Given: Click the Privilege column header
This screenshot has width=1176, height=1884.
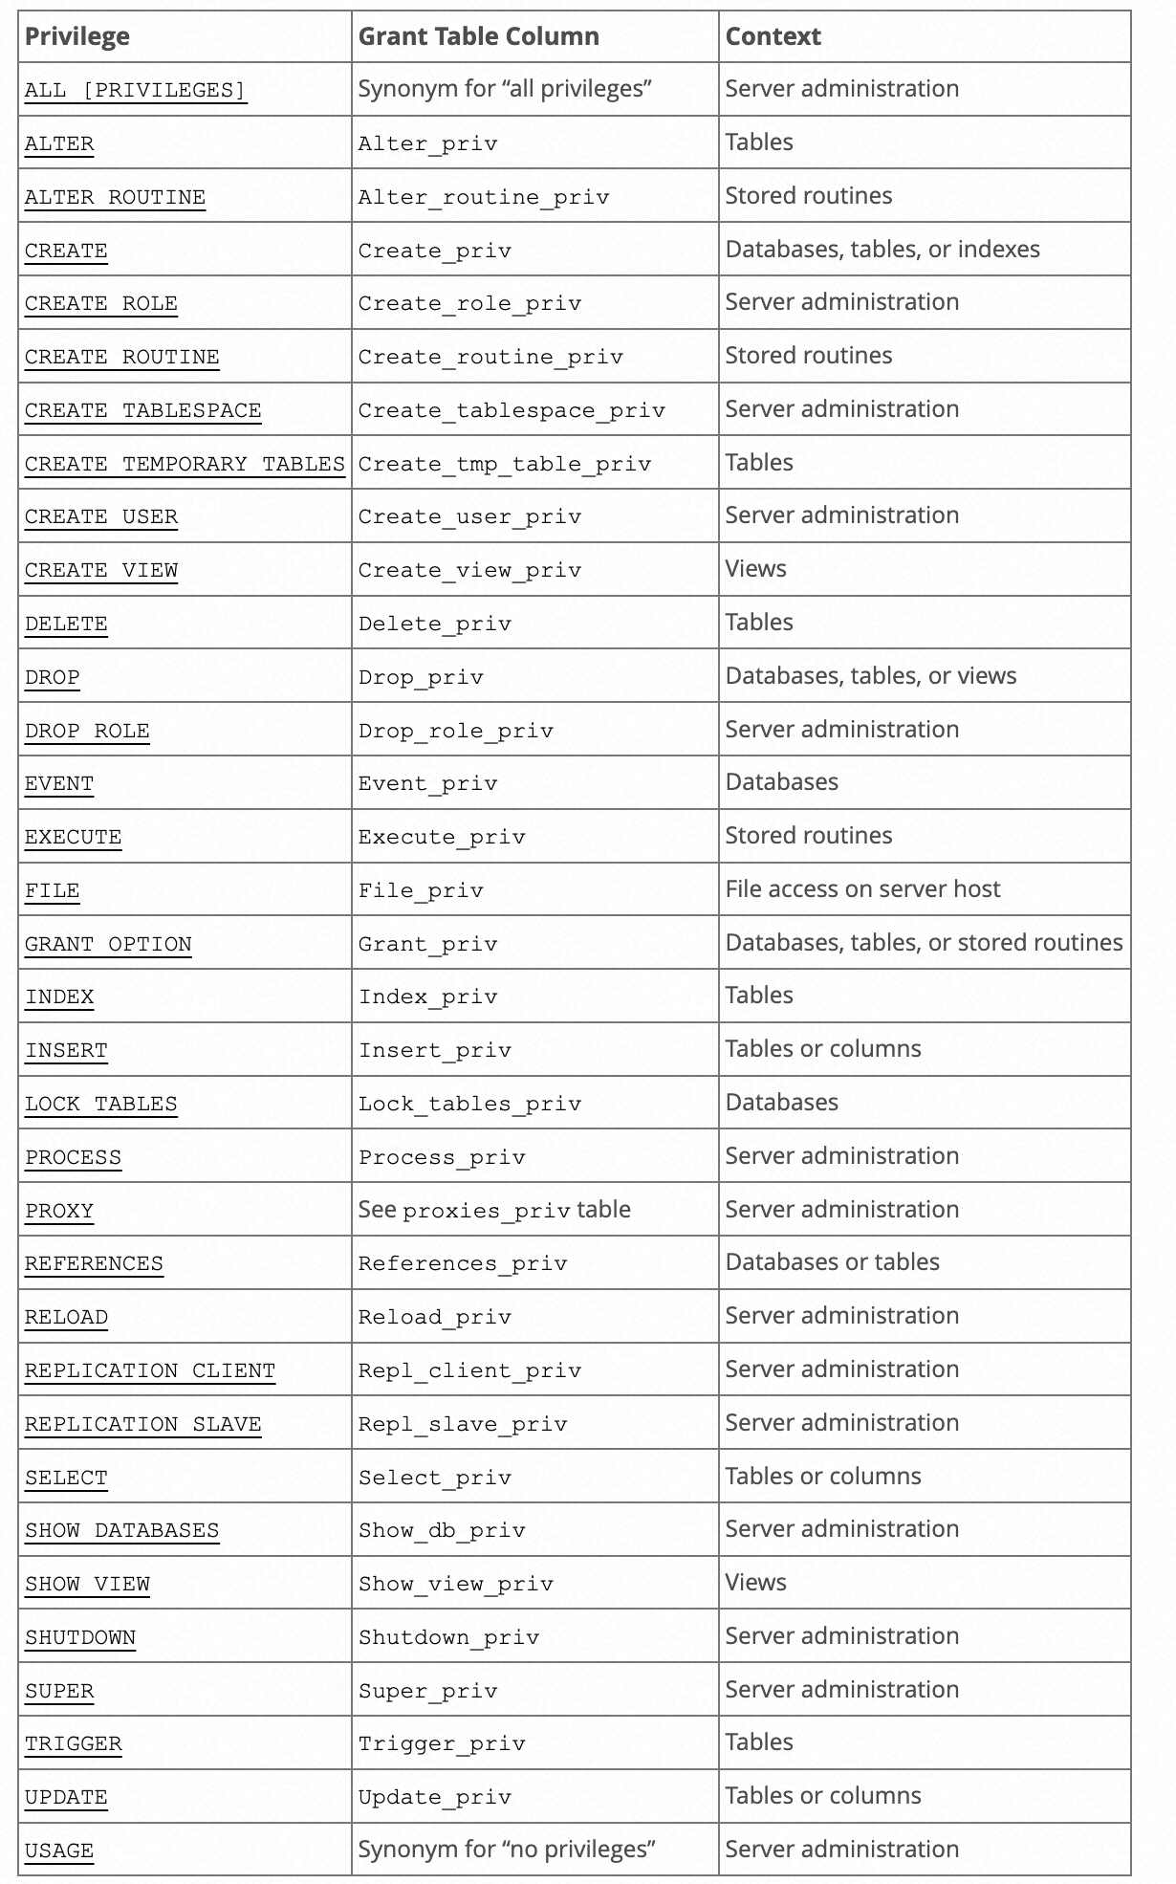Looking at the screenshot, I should coord(76,36).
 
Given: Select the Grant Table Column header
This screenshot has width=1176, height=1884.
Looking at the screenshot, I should coord(478,36).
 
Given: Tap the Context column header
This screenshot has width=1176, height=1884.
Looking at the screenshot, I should coord(773,36).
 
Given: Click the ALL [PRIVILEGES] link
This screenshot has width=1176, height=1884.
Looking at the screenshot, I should coord(135,90).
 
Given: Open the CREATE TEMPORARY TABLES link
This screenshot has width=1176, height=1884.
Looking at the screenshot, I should coord(185,464).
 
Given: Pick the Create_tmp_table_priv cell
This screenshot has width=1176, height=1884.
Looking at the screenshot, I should coord(504,464).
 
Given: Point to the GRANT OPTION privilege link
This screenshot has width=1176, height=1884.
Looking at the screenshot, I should coord(108,944).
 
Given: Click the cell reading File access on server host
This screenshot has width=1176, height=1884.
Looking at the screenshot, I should coord(862,889).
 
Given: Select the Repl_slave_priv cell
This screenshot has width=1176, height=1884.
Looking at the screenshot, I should coord(463,1424).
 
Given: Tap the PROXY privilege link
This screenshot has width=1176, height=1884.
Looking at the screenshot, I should coord(59,1211).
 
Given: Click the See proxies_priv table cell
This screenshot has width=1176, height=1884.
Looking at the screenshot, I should coord(494,1210).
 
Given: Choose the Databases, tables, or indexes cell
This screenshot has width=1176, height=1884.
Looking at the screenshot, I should coord(882,250).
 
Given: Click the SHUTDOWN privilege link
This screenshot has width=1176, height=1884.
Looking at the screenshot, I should coord(80,1637).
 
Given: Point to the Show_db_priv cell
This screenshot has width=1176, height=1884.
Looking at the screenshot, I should coord(442,1530).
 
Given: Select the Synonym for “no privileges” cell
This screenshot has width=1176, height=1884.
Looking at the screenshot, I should coord(506,1850).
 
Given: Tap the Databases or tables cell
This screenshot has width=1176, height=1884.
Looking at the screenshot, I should coord(832,1262).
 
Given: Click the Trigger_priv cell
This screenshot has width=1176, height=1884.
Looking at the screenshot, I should coord(442,1743).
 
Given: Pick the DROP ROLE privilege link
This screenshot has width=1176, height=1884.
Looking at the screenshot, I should coord(87,731).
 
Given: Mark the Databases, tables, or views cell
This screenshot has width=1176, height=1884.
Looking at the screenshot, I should coord(870,676).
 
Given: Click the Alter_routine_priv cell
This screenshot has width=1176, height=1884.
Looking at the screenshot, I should coord(484,197).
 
